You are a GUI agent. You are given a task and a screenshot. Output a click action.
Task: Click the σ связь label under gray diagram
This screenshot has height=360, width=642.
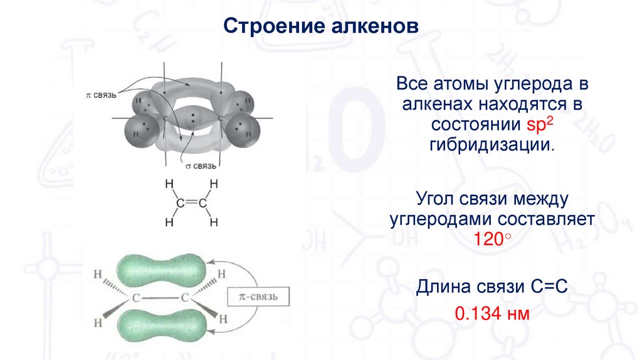click(x=201, y=166)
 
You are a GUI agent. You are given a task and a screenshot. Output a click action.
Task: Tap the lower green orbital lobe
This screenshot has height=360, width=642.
click(x=159, y=326)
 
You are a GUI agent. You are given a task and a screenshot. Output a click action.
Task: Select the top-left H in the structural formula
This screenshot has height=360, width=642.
click(x=167, y=184)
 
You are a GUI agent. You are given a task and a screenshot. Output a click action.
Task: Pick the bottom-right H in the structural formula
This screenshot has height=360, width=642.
click(x=213, y=221)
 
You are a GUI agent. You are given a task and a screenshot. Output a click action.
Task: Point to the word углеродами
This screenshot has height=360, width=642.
click(x=442, y=220)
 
